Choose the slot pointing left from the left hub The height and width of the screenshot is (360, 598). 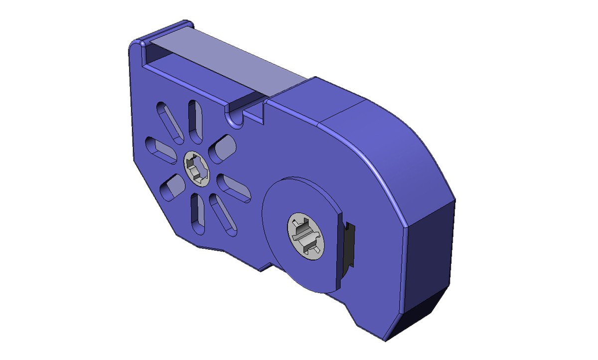point(160,152)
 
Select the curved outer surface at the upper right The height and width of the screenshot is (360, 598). point(399,145)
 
